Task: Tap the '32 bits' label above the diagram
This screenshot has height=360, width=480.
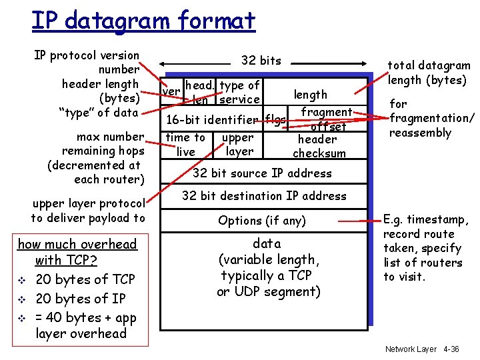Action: coord(261,61)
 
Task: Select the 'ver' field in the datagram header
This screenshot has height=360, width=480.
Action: coord(171,91)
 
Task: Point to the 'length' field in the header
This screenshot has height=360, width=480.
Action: coord(311,95)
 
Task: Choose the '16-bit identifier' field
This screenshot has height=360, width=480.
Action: coord(213,121)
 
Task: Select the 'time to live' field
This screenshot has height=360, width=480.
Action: coord(185,145)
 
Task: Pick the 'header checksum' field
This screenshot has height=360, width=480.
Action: coord(318,146)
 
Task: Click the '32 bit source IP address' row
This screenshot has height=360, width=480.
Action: coord(262,173)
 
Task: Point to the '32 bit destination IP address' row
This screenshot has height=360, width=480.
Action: coord(264,196)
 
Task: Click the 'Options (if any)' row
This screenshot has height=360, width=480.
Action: coord(262,221)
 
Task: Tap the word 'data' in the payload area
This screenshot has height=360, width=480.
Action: coord(267,244)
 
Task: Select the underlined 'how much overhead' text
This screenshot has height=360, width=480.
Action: coord(77,245)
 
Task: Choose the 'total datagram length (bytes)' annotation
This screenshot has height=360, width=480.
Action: coord(429,73)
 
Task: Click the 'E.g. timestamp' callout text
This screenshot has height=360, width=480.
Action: coord(426,219)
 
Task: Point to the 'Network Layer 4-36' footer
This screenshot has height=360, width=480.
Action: coord(421,349)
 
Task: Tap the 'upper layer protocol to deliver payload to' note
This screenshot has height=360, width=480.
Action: coord(88,211)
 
